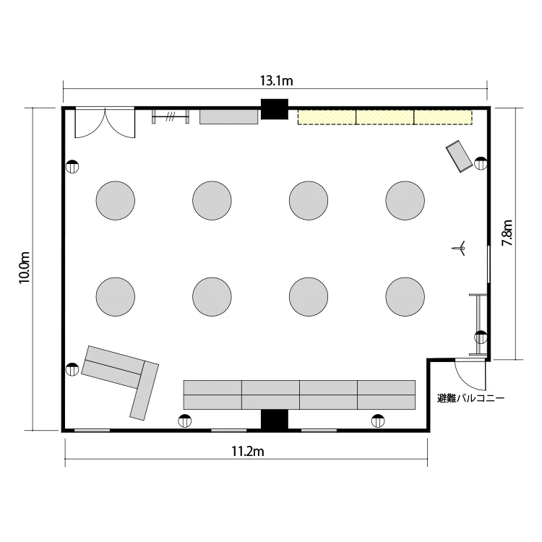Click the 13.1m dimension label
tap(276, 80)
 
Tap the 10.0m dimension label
tap(24, 267)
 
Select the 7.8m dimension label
tap(507, 233)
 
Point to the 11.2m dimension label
tap(247, 451)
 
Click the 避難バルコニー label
tap(470, 398)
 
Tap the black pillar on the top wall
tap(275, 109)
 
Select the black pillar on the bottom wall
tap(275, 421)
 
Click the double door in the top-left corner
tap(105, 123)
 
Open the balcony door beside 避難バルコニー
tap(470, 375)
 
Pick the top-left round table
tap(116, 200)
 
